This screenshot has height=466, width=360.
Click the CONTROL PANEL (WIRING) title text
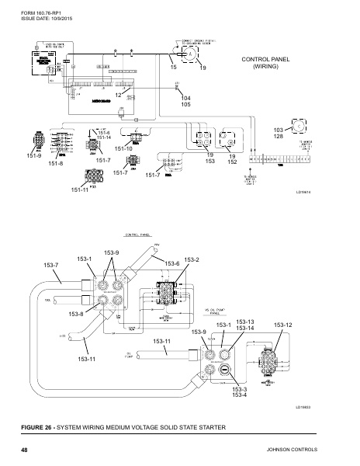(265, 63)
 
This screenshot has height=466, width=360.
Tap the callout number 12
(118, 95)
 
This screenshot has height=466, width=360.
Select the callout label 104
(185, 99)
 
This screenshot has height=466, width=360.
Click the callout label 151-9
(33, 155)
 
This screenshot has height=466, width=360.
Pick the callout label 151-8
(55, 164)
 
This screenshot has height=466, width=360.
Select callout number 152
(232, 162)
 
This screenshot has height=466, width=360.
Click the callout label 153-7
(51, 266)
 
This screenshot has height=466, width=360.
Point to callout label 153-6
(172, 264)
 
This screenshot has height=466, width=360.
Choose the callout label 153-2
(192, 259)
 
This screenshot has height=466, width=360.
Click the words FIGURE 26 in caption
(40, 428)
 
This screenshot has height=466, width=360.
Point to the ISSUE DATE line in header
(38, 16)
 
